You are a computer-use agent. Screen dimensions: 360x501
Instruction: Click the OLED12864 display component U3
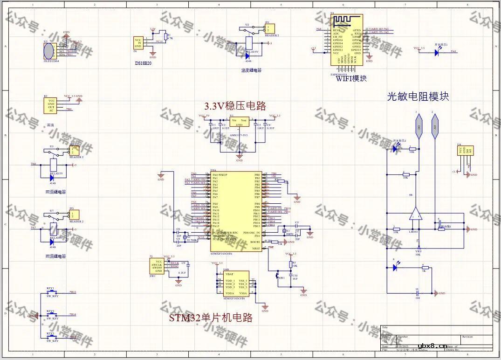point(48,48)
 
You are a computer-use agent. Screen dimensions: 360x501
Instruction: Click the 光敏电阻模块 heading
point(418,97)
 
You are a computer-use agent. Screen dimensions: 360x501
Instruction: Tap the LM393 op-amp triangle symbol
point(415,214)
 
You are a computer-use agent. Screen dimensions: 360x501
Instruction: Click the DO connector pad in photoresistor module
point(419,127)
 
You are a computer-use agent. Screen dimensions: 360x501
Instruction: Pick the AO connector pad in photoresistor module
point(435,127)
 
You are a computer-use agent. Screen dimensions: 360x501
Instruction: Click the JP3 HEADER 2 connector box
point(74,215)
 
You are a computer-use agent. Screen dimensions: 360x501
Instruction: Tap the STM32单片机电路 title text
point(211,318)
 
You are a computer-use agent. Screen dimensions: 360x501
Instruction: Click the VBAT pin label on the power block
point(229,274)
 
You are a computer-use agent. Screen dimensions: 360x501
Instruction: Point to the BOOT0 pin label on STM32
point(255,242)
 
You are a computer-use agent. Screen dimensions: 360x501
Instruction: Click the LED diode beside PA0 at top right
point(437,53)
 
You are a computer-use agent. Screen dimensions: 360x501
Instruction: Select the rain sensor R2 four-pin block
point(51,105)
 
